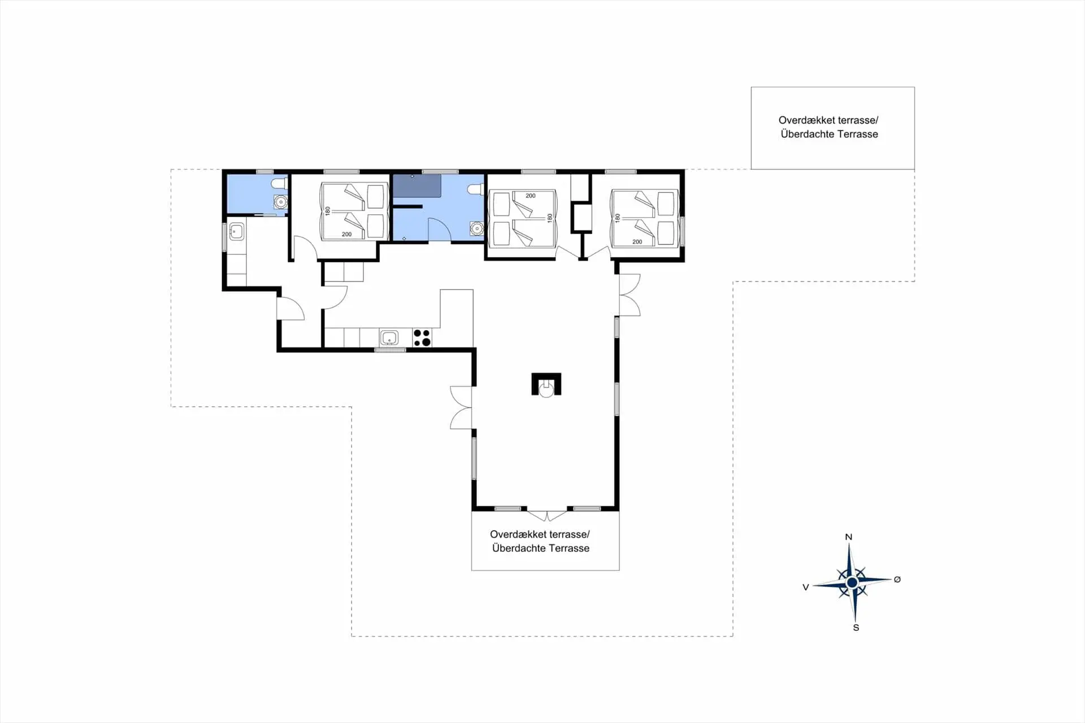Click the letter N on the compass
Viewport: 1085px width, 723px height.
point(848,537)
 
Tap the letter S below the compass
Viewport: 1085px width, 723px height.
point(856,627)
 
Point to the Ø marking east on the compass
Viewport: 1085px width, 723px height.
point(897,579)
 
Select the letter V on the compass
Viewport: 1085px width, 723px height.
point(806,587)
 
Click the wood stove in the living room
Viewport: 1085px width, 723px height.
point(546,384)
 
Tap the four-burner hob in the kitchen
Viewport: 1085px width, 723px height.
point(422,337)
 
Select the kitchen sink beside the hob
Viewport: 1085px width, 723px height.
point(389,337)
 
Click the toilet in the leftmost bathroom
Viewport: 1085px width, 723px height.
point(279,184)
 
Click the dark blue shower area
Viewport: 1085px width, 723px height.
point(417,185)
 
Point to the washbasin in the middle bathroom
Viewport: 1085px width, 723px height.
point(477,228)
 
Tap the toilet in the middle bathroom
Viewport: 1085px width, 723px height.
point(476,189)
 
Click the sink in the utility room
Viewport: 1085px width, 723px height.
point(236,231)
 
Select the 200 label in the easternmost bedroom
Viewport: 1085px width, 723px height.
point(637,242)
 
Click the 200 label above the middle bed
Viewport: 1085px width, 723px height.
point(530,196)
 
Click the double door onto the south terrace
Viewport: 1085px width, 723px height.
point(547,515)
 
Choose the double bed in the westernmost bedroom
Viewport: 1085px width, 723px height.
point(354,211)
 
